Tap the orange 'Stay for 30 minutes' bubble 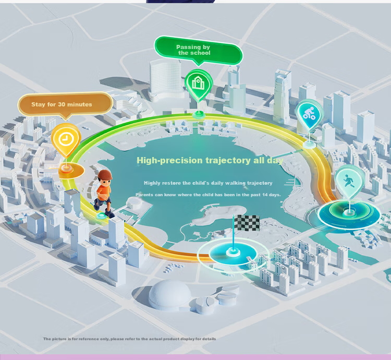pyautogui.click(x=64, y=104)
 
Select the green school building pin pyautogui.click(x=198, y=83)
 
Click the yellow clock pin pyautogui.click(x=66, y=139)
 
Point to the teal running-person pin pyautogui.click(x=347, y=181)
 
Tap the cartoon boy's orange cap pyautogui.click(x=105, y=175)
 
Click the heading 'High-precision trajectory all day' pyautogui.click(x=210, y=160)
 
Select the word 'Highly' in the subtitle pyautogui.click(x=152, y=183)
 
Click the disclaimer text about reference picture pyautogui.click(x=129, y=339)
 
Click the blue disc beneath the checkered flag pyautogui.click(x=233, y=254)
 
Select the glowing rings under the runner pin pyautogui.click(x=348, y=213)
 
